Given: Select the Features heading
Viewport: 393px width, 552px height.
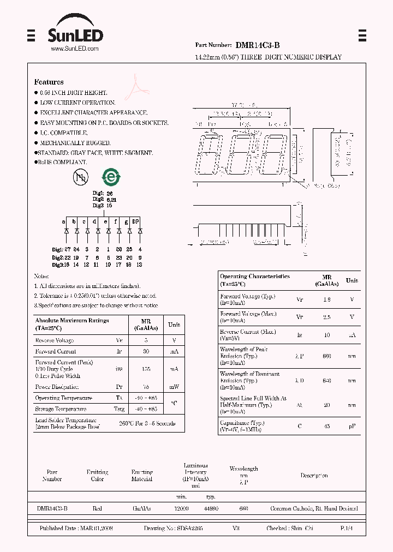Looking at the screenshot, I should point(49,82).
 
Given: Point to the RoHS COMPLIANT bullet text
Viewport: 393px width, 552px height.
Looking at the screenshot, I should point(63,163).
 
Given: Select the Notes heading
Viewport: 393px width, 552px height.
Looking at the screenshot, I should point(41,277).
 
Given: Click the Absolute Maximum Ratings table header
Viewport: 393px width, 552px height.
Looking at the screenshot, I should point(72,324).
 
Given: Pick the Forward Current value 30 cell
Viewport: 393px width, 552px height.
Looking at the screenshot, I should point(145,352).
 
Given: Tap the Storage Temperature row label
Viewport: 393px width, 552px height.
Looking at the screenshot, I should point(61,409).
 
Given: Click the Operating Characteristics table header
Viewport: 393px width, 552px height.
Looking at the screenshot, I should point(254,280).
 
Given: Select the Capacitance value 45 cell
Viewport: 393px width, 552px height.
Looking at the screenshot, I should point(327,426).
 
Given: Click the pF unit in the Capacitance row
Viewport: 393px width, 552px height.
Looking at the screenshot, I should point(352,426).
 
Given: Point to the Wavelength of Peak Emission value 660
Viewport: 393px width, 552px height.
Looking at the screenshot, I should point(327,356).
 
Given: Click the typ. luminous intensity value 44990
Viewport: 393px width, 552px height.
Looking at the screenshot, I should point(211,508).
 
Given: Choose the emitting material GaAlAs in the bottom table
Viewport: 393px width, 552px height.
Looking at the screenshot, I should point(142,508).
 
